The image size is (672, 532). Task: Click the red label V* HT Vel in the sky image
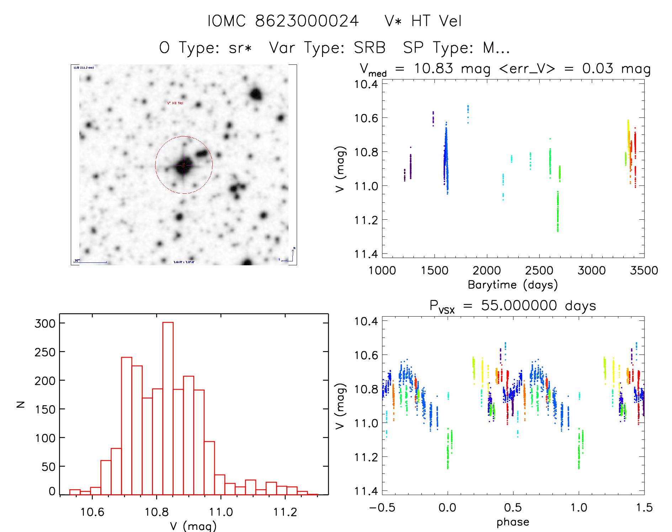pos(175,103)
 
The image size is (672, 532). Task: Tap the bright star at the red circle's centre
pos(184,165)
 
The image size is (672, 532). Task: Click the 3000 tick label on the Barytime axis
pos(591,271)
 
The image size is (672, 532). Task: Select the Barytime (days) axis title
pos(513,285)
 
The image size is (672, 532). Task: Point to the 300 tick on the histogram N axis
pos(45,324)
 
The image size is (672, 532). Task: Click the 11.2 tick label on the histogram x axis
pos(285,512)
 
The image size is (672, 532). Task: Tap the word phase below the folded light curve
pos(513,522)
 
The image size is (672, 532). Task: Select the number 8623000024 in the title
pos(307,21)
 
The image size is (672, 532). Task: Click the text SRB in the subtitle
pos(370,48)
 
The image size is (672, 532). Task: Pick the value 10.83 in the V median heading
pos(434,68)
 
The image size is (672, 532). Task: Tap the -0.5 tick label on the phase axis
pos(382,508)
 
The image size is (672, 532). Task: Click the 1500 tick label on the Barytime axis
pos(434,271)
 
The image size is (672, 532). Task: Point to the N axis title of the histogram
pos(21,404)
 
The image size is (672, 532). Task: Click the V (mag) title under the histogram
pos(193,526)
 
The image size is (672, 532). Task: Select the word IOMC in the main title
pos(227,21)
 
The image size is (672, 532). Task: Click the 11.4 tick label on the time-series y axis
pos(366,254)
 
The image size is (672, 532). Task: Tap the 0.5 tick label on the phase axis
pos(513,508)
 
